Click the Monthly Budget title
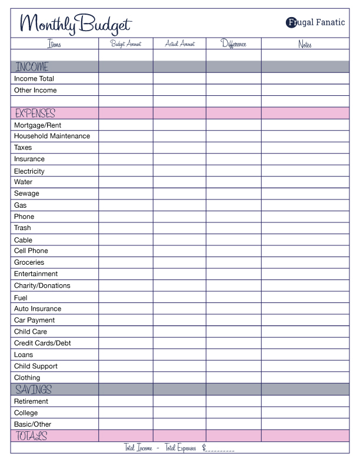[75, 24]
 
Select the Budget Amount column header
[126, 44]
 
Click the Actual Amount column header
[179, 44]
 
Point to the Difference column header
[234, 44]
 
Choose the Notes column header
[305, 44]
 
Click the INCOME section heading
[32, 67]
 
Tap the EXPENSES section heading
[35, 113]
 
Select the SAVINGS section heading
[34, 390]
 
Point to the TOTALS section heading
[31, 436]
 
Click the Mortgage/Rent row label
[38, 125]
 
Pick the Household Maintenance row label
[52, 136]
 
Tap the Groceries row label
[29, 262]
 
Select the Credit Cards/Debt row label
[43, 343]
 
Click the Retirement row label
[31, 401]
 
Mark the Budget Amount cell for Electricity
[126, 171]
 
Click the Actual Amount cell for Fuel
[179, 298]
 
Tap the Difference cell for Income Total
[234, 78]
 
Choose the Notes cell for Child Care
[305, 332]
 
